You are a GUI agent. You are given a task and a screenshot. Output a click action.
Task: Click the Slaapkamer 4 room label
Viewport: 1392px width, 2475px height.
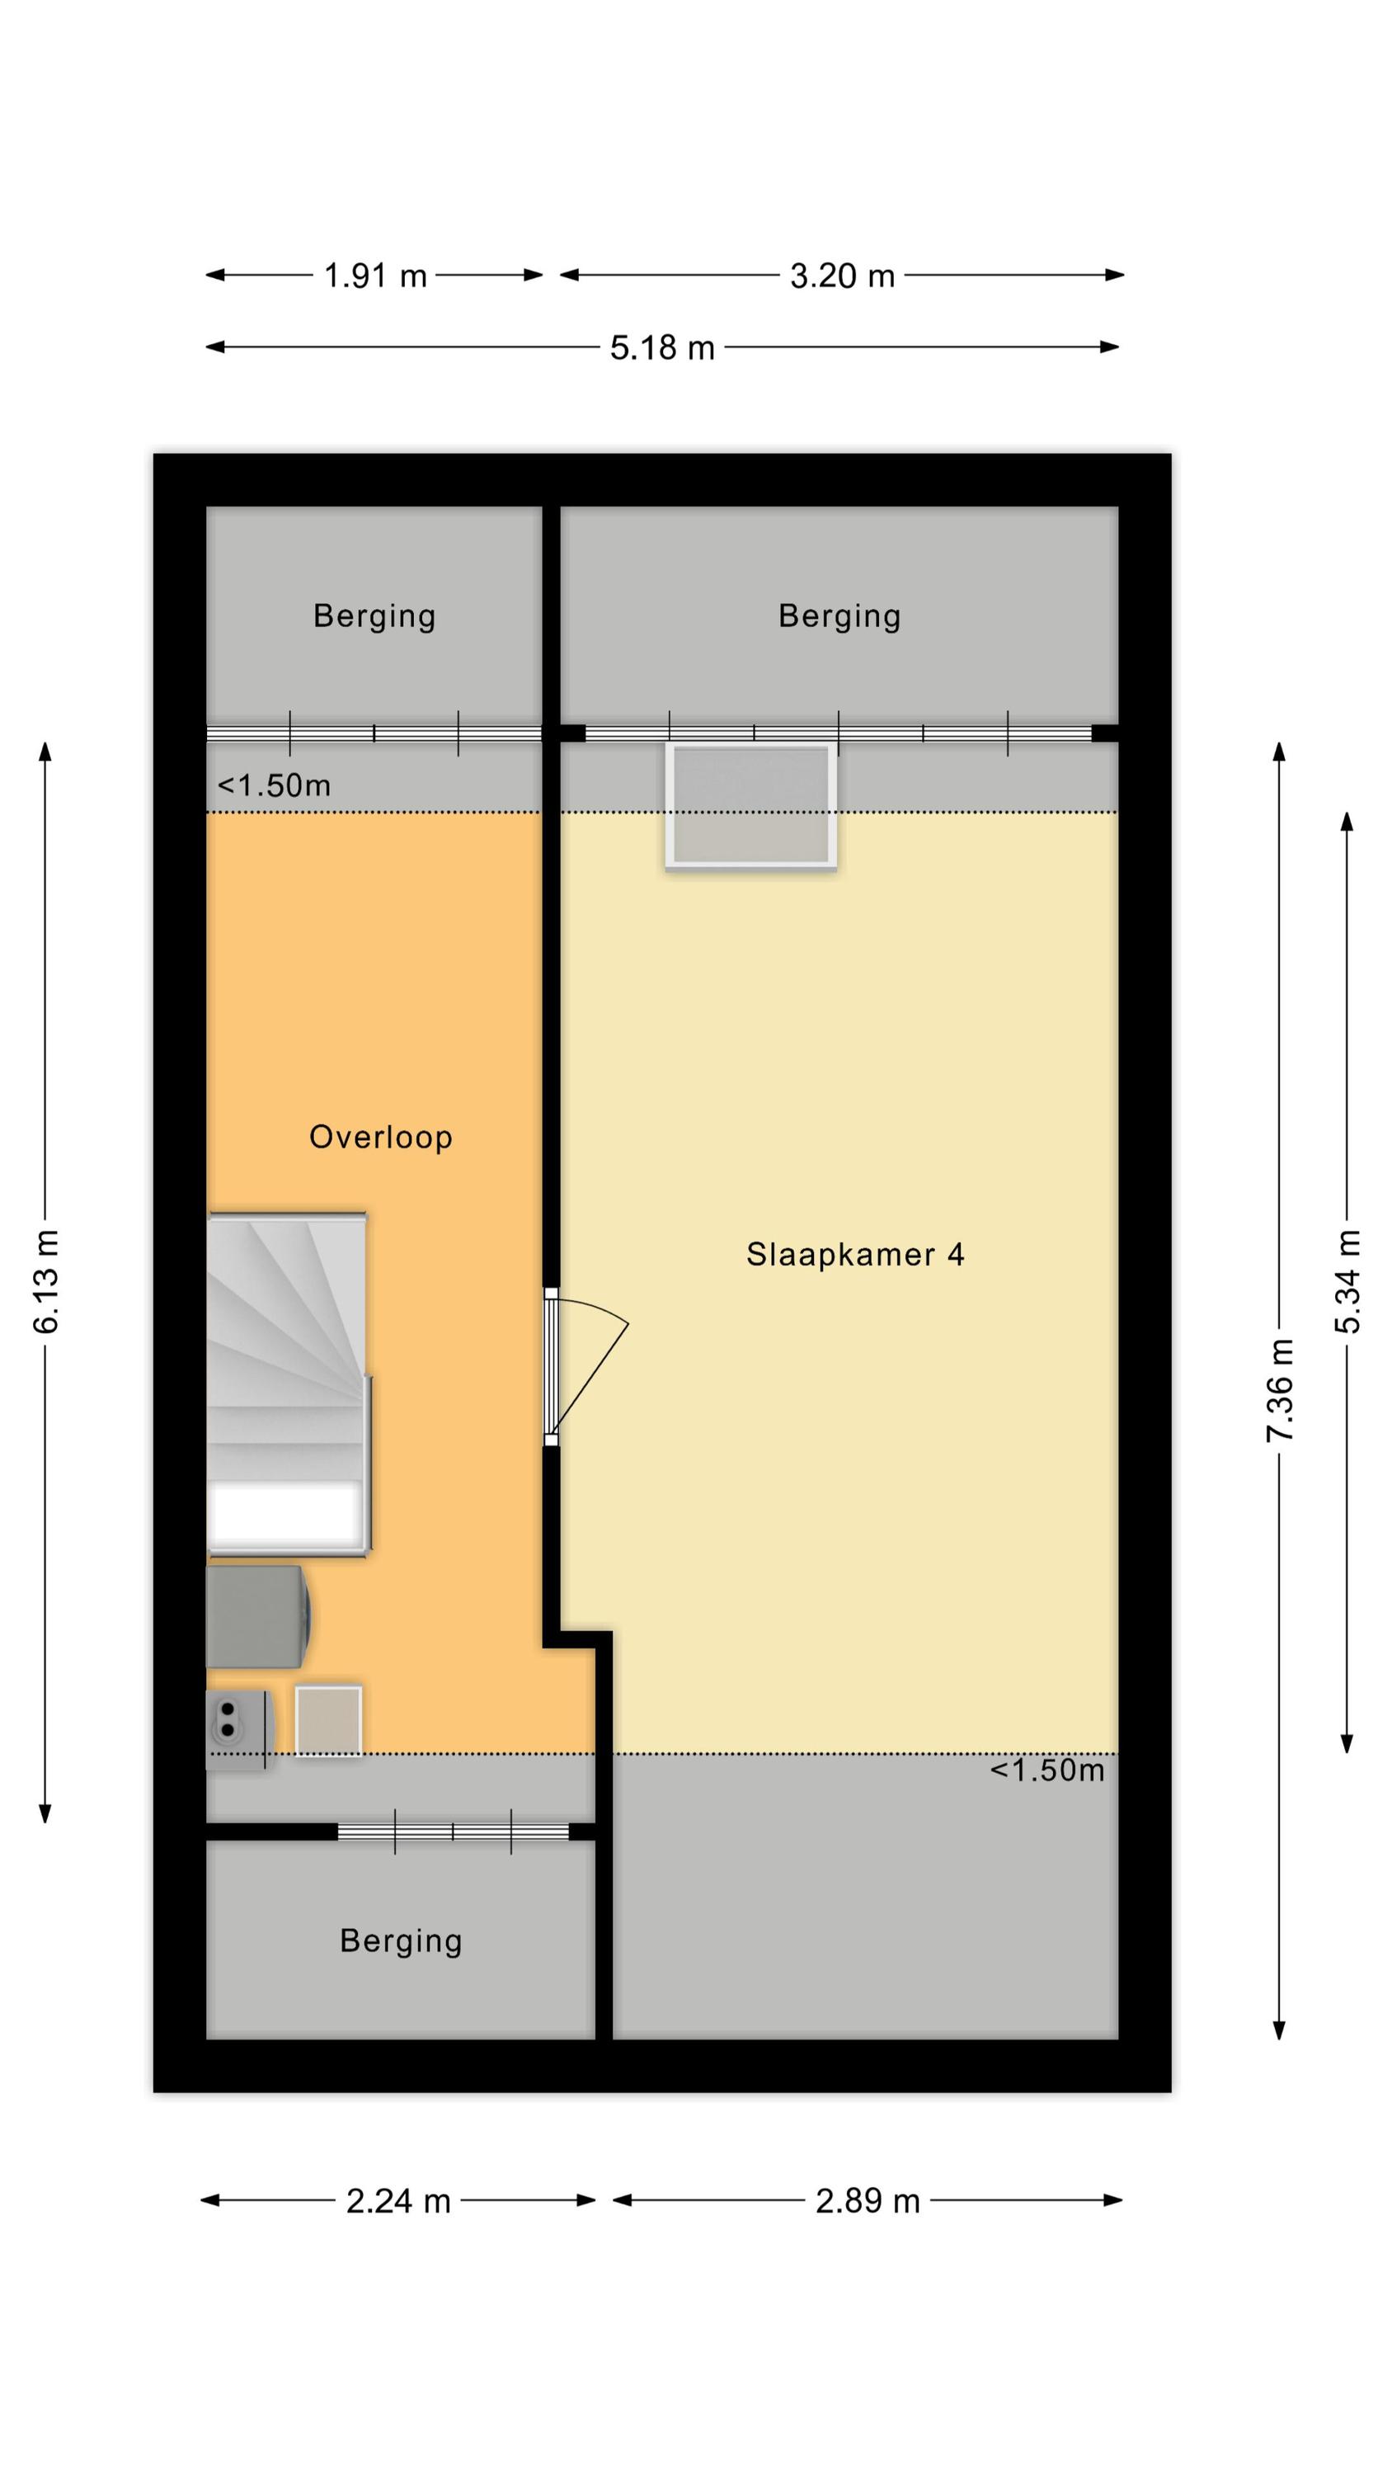tap(855, 1255)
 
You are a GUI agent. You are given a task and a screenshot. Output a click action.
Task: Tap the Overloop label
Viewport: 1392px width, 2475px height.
tap(380, 1138)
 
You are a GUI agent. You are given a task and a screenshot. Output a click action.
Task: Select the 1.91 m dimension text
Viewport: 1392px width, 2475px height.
tap(374, 276)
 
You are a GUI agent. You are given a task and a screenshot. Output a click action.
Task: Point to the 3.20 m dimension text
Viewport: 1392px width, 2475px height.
tap(843, 276)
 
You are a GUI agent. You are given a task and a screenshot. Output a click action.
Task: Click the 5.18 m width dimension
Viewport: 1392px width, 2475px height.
tap(662, 348)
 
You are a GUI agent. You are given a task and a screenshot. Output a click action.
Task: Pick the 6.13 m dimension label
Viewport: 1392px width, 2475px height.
tap(46, 1282)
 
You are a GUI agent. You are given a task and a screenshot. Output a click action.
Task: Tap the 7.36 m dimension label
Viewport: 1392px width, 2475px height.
tap(1280, 1390)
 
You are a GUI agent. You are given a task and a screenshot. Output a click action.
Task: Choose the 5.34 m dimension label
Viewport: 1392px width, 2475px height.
tap(1347, 1282)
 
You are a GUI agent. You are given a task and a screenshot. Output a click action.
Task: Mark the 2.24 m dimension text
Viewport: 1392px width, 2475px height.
tap(397, 2201)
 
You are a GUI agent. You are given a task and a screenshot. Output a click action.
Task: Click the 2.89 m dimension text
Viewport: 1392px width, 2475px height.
tap(868, 2201)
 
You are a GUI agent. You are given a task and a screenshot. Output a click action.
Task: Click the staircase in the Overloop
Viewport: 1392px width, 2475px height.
tap(288, 1384)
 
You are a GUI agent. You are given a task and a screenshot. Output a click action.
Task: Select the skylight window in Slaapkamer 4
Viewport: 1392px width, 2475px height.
tap(751, 806)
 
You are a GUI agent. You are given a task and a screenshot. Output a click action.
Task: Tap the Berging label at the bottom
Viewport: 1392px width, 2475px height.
tap(401, 1942)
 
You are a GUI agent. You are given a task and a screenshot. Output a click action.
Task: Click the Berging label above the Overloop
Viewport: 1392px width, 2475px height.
tap(374, 617)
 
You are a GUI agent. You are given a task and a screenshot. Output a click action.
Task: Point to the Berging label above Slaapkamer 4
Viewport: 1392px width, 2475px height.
tap(839, 617)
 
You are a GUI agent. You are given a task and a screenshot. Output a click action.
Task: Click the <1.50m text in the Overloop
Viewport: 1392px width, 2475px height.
tap(274, 786)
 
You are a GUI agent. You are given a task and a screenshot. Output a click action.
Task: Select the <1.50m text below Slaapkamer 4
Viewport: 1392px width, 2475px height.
tap(1047, 1770)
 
